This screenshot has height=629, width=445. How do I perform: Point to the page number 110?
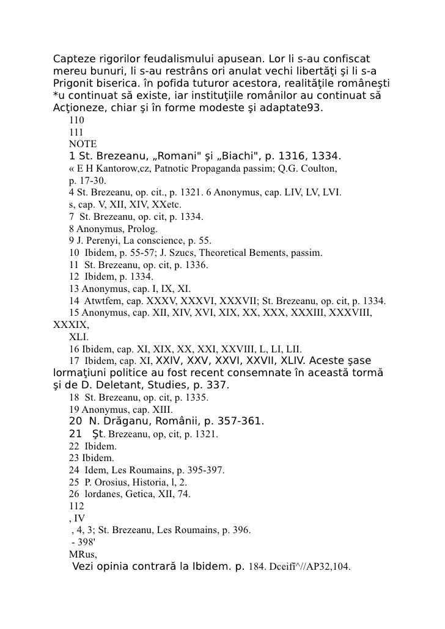77,120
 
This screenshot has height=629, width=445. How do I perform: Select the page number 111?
77,131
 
